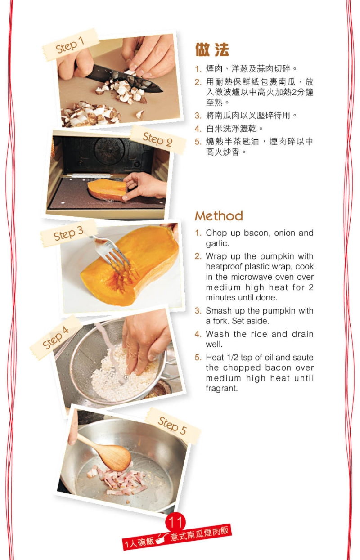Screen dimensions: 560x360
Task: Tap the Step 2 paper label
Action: coord(157,139)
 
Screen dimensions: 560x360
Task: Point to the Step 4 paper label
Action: coord(56,337)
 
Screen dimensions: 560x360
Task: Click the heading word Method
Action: coord(219,216)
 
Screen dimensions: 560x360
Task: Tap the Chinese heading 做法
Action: coord(212,50)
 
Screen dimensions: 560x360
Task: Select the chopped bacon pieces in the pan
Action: coord(118,480)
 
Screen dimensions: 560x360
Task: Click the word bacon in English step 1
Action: coord(255,233)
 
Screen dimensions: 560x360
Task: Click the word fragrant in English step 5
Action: coord(221,389)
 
